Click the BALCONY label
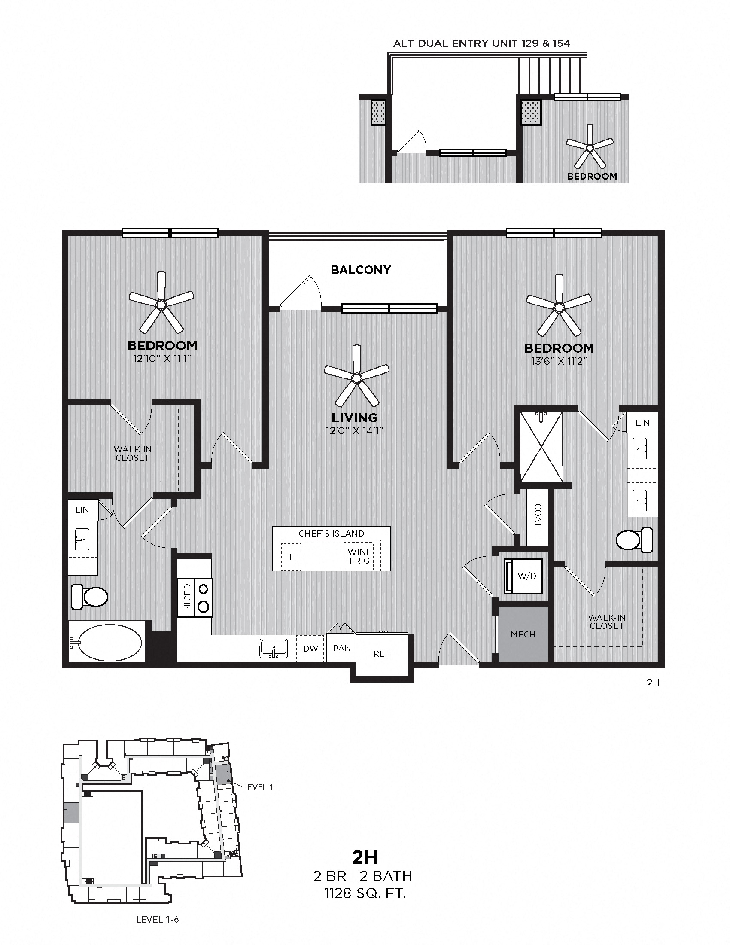361,270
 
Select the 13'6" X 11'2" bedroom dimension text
559,361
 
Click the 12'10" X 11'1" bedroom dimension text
162,359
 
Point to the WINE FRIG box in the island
359,556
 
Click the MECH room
523,634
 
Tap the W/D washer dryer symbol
523,576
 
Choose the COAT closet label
538,515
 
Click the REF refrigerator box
381,654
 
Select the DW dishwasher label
310,649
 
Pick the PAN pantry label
342,648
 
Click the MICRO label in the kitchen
187,597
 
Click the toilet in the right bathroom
634,540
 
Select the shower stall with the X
541,447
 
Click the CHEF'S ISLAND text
331,533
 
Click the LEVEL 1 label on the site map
258,787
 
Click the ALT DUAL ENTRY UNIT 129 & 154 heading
481,43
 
